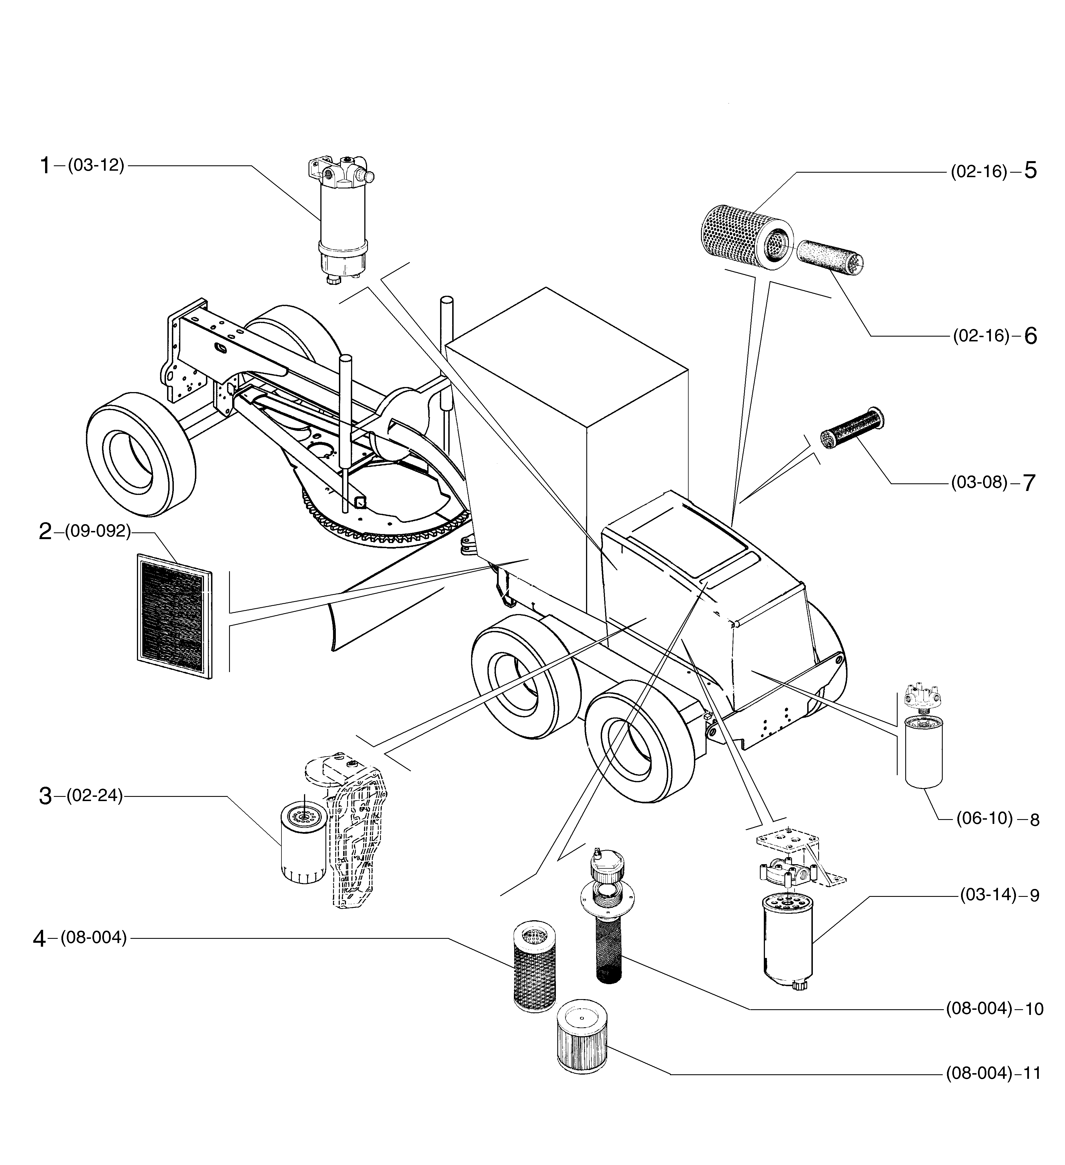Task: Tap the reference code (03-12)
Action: coord(96,166)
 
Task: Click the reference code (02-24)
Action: coord(95,796)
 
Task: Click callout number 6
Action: coord(1030,336)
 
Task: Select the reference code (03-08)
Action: coord(979,482)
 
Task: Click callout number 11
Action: coord(1032,1074)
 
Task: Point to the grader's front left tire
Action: coord(141,455)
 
